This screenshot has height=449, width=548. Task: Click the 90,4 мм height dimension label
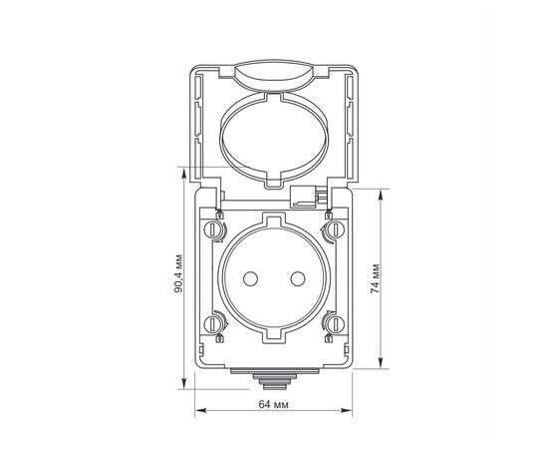(x=177, y=276)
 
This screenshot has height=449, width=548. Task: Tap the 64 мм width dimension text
(x=272, y=405)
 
